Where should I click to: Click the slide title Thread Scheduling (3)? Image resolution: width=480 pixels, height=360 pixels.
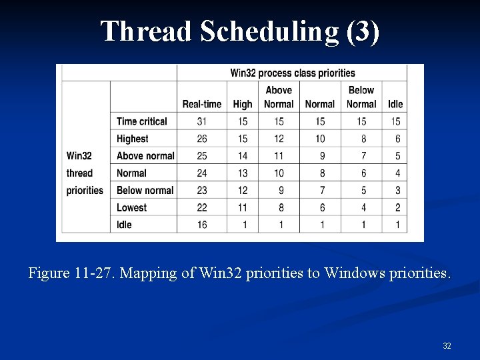[240, 31]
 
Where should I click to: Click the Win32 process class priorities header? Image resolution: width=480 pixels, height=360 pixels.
[292, 73]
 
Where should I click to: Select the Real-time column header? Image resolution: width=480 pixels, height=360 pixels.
[201, 104]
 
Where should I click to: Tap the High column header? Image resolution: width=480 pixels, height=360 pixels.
[243, 104]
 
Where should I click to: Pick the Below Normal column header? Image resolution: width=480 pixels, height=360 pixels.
[361, 97]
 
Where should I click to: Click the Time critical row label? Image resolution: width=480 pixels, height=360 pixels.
[141, 121]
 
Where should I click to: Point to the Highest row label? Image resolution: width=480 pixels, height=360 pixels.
[132, 139]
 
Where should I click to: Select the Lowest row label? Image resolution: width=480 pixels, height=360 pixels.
[131, 207]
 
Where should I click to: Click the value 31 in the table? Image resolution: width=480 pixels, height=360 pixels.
[201, 121]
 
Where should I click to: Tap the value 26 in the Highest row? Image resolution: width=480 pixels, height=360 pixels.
[201, 139]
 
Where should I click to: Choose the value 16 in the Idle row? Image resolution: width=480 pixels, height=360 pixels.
[201, 225]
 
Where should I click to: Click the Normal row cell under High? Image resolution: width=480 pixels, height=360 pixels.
[243, 173]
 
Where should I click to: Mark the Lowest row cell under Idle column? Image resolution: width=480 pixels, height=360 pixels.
[397, 207]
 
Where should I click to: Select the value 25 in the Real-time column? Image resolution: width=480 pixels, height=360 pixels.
[201, 156]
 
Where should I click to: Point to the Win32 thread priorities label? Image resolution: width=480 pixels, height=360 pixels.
[85, 173]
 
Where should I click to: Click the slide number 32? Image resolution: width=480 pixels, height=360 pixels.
[447, 346]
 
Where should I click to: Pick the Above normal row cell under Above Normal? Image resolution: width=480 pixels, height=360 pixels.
[279, 156]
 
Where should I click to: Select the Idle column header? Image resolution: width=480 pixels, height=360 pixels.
[395, 104]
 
